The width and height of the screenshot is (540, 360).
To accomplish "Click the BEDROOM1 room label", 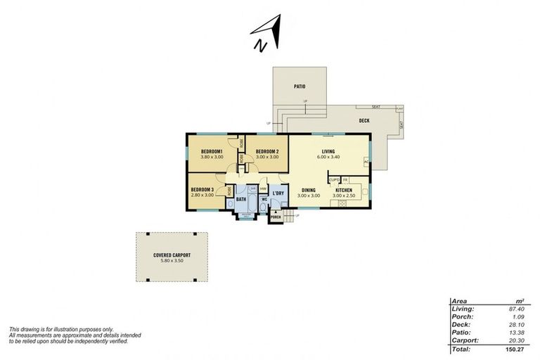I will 212,152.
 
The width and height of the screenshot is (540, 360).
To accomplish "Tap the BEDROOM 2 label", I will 267,152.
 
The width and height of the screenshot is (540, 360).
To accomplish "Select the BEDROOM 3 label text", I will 202,189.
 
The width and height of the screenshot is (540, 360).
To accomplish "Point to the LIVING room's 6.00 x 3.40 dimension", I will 328,157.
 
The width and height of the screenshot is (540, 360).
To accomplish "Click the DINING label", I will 309,190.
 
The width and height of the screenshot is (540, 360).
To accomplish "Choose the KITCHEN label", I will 343,190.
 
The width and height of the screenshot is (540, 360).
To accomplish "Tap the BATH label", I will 240,200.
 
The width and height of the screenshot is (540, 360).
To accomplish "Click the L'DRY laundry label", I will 278,193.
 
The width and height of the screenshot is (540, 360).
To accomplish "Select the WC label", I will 264,200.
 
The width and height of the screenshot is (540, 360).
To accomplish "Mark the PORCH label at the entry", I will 276,217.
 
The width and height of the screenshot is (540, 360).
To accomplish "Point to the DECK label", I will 364,121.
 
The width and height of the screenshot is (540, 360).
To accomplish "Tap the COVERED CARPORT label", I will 172,255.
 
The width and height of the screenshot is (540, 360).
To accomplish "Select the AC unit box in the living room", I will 366,162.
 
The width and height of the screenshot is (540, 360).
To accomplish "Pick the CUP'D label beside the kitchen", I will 334,180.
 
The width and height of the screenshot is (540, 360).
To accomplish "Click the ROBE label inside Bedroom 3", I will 229,190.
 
